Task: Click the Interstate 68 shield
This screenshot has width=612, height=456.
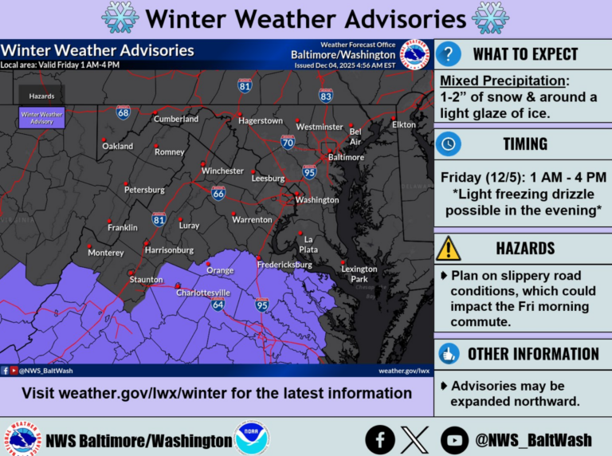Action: click(x=123, y=113)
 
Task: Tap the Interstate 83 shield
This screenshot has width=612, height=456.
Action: click(x=325, y=96)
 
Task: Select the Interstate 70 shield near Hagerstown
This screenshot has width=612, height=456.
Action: click(x=288, y=143)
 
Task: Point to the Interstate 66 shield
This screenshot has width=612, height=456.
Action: click(x=218, y=193)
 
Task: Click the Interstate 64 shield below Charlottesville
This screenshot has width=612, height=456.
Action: click(x=218, y=305)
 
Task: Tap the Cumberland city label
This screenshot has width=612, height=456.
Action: click(x=175, y=120)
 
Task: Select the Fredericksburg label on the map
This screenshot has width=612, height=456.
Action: click(x=284, y=264)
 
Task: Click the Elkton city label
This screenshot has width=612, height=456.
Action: click(x=404, y=125)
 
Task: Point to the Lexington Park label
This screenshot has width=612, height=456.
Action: click(x=359, y=273)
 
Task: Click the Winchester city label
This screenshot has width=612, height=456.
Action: click(x=222, y=171)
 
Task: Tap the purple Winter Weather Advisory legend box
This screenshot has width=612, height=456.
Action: click(x=42, y=118)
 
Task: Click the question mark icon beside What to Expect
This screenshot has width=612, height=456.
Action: click(x=449, y=54)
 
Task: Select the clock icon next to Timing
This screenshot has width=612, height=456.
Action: click(x=449, y=143)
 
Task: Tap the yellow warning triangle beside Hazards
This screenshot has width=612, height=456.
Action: click(x=449, y=248)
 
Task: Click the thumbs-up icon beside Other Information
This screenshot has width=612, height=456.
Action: click(x=449, y=354)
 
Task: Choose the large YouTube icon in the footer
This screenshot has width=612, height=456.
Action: click(x=454, y=439)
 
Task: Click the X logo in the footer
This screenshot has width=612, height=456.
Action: click(x=415, y=439)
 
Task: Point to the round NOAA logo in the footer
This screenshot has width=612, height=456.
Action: click(x=252, y=439)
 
